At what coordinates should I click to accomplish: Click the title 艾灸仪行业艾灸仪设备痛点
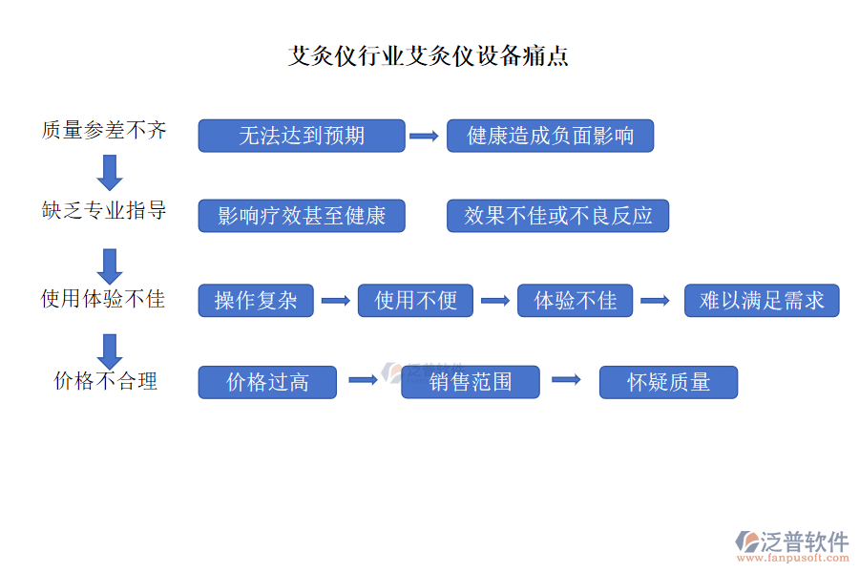coord(429,56)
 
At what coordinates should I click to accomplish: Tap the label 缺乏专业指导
coord(104,211)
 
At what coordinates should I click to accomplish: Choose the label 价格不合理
coord(105,381)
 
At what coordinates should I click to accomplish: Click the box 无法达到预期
coord(302,136)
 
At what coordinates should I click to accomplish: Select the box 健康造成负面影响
coord(551,136)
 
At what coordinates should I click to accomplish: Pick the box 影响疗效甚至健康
coord(302,216)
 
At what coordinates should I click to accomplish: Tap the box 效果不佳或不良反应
coord(557,216)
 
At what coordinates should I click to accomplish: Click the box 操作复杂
coord(256,301)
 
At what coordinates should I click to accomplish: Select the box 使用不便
coord(415,301)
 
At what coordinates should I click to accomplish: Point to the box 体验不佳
coord(575,301)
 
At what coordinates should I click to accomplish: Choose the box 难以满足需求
coord(762,301)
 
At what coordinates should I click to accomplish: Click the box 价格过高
coord(267,382)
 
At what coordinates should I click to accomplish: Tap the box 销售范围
coord(471,382)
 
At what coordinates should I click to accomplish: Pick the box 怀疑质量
coord(668,382)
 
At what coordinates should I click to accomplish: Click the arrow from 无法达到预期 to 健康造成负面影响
coord(424,137)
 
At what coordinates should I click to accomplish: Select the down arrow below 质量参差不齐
coord(110,171)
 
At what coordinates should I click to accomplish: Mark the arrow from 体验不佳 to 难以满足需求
coord(655,301)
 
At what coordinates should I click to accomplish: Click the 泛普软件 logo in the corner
coord(792,545)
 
